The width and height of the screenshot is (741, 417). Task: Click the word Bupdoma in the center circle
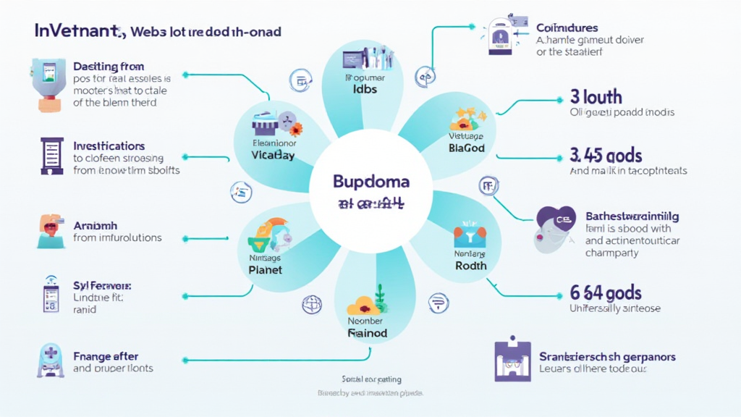[370, 180]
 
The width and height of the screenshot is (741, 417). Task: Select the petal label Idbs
[365, 90]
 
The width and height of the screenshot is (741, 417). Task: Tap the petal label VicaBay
[273, 155]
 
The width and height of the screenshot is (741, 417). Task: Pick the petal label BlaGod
[467, 148]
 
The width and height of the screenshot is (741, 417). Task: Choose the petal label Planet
[265, 269]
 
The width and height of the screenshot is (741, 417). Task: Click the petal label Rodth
[470, 266]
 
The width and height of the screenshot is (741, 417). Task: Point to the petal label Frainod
[368, 333]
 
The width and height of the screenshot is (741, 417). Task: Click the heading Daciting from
[109, 67]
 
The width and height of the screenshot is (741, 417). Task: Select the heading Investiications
[109, 146]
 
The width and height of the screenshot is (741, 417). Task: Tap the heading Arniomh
[96, 225]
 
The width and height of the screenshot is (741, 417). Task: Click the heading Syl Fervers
[101, 286]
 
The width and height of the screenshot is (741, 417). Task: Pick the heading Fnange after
[106, 356]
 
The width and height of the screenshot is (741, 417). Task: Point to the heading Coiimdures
[567, 28]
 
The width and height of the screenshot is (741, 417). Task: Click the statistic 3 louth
[596, 97]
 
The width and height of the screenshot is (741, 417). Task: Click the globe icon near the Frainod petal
[311, 303]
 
